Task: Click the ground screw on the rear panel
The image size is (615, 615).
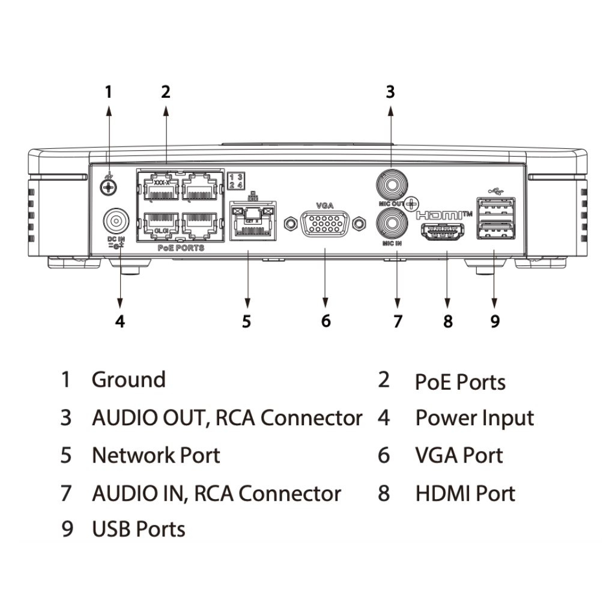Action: point(108,187)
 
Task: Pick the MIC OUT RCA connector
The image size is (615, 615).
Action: point(390,183)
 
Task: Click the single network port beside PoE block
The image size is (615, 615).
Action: point(251,222)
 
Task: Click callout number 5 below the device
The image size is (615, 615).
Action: point(246,321)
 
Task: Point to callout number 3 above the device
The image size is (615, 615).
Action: point(390,92)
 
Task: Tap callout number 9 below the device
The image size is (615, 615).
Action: point(494,321)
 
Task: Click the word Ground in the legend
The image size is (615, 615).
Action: point(129,380)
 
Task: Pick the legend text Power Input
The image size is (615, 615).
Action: point(474,418)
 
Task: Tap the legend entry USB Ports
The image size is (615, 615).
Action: point(139,529)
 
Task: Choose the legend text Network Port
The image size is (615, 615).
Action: point(156,455)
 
